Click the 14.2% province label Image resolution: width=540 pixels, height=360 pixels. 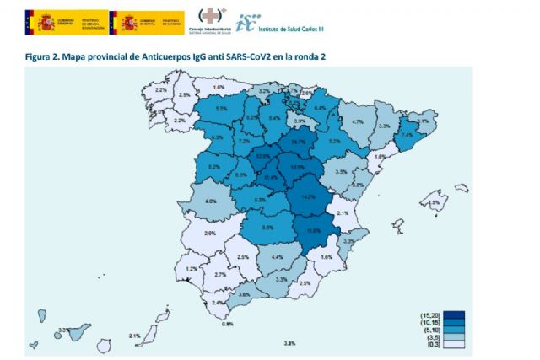[x=308, y=196]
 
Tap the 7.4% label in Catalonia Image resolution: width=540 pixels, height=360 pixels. [x=407, y=135]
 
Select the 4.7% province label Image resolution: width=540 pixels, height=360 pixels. [x=357, y=122]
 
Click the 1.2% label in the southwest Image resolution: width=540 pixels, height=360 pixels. [x=192, y=268]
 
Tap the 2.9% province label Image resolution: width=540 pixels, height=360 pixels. [x=210, y=233]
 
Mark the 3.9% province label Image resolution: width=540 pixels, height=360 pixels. [x=300, y=122]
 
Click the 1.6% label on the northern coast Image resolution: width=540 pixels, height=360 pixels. [x=219, y=88]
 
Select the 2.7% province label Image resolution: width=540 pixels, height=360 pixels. [x=219, y=275]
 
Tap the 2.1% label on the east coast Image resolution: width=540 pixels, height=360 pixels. [x=342, y=214]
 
